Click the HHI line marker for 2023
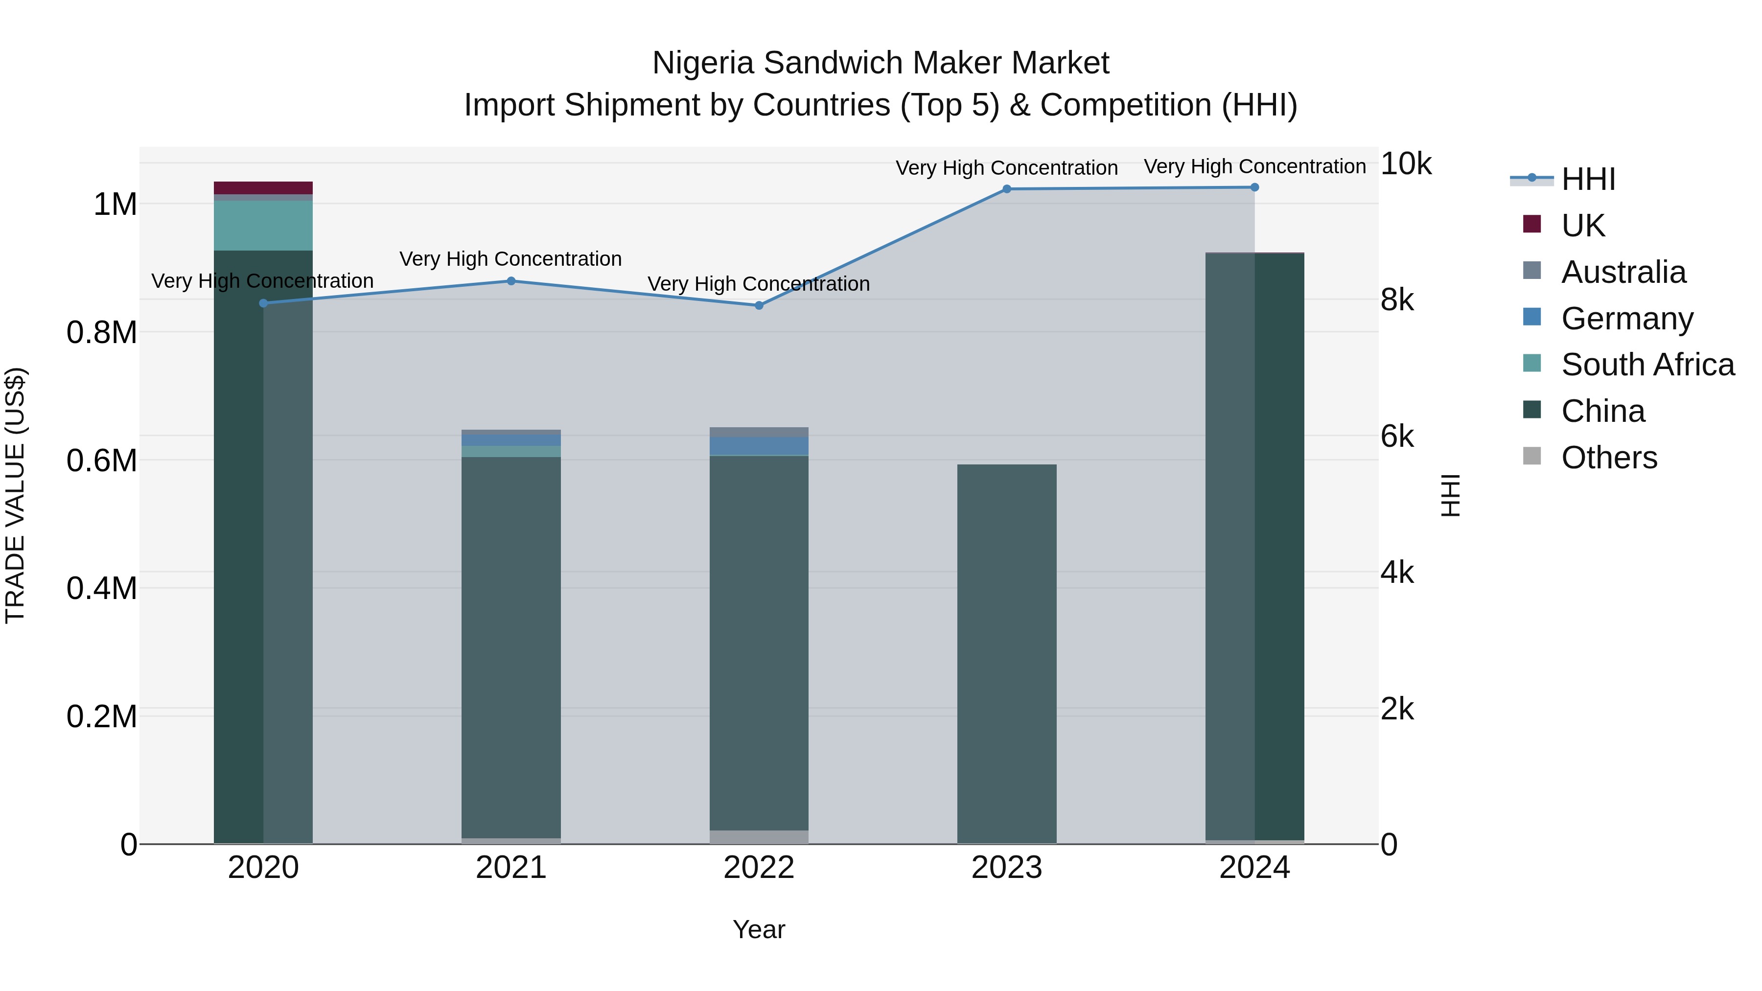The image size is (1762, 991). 1006,189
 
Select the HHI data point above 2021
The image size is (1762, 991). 511,281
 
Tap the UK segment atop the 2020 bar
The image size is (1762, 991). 263,188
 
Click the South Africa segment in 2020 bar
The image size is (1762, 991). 263,226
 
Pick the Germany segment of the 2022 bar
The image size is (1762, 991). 759,446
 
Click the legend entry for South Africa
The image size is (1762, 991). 1647,365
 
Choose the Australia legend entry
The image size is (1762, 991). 1623,272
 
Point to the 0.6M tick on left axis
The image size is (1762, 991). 102,461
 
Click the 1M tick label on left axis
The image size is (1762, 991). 115,205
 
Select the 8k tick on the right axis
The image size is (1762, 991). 1397,300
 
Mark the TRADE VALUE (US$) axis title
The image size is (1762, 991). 15,495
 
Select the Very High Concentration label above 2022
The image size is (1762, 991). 759,284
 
